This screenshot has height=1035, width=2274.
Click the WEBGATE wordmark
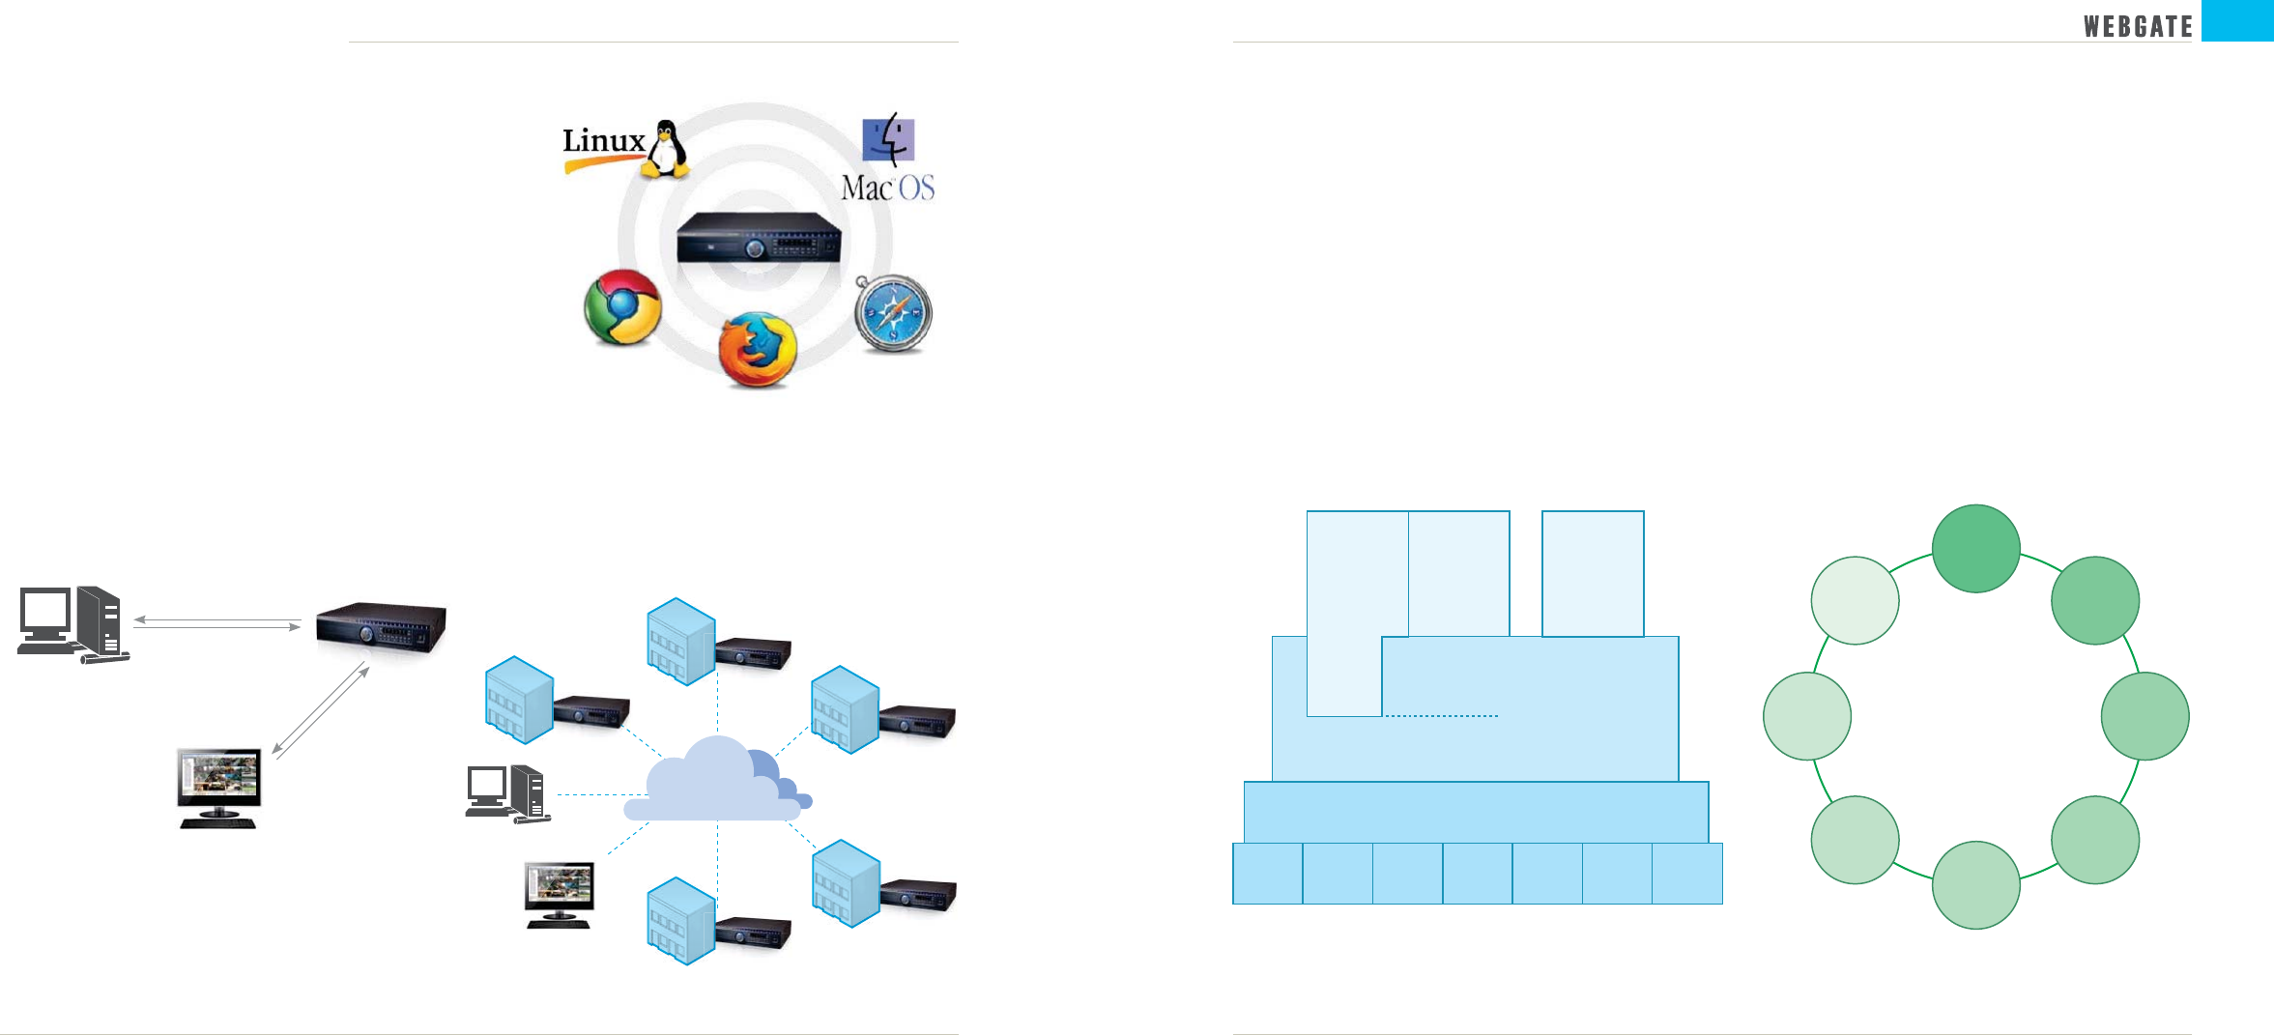coord(2137,26)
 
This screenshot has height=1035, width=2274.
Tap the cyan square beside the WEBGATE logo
coord(2237,20)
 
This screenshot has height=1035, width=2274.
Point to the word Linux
coord(604,141)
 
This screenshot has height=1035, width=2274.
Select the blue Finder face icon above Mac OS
coord(888,139)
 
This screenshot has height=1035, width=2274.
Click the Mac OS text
coord(887,187)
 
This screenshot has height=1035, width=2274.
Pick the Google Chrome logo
coord(623,307)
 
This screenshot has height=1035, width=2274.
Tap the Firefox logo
coord(758,349)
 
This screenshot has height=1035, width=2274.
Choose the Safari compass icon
coord(893,314)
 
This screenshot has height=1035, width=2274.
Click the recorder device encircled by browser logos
coord(759,238)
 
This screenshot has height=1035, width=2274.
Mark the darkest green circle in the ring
coord(1975,548)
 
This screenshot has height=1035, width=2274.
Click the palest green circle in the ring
coord(1855,600)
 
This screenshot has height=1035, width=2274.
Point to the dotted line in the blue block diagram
coord(1440,716)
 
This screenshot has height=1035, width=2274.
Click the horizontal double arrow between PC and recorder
coord(217,623)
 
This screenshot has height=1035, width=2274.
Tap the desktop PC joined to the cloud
coord(507,793)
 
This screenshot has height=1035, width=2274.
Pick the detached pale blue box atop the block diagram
coord(1593,573)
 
